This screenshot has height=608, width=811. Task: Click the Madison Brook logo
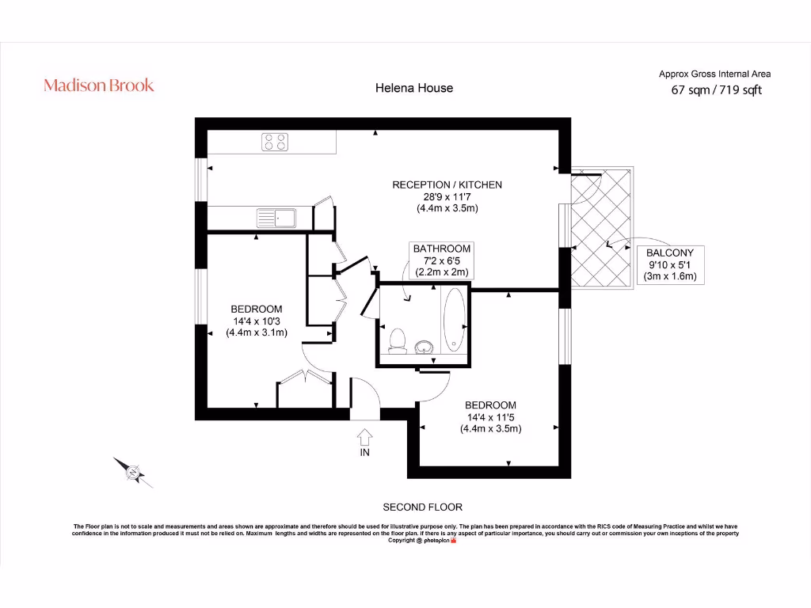point(99,85)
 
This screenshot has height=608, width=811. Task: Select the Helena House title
point(413,88)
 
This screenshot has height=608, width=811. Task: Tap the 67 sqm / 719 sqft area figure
point(716,90)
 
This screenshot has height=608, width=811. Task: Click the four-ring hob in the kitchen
point(276,142)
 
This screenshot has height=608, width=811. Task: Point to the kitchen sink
point(274,216)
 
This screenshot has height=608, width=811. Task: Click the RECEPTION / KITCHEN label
point(447,184)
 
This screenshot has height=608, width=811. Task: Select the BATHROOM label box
point(441,260)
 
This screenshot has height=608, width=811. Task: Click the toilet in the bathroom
point(398,339)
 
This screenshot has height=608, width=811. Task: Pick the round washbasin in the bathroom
point(425,346)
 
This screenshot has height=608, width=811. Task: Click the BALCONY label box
point(669,264)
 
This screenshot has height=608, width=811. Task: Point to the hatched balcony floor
point(602,230)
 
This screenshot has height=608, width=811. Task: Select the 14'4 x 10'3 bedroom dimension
point(256,321)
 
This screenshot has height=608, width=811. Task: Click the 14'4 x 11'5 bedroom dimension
point(490,417)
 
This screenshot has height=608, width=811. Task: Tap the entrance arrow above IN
point(364,437)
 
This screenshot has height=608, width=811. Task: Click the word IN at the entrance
point(364,453)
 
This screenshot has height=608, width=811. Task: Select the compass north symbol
point(132,473)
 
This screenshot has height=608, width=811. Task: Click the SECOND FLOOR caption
point(422,507)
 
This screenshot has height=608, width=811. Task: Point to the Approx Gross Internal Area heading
point(714,74)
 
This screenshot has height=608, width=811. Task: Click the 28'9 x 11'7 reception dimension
point(447,196)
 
